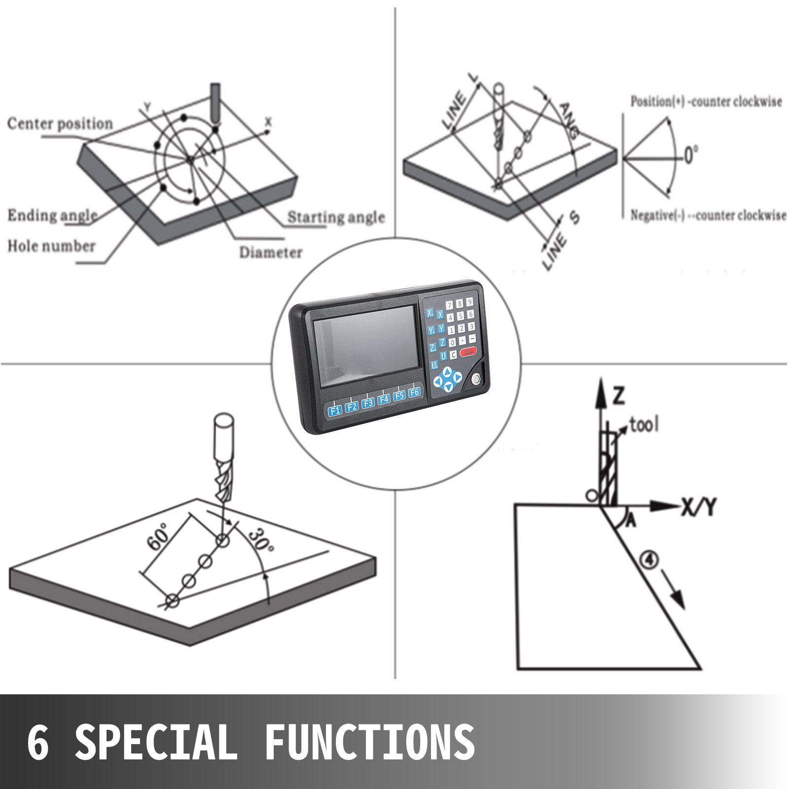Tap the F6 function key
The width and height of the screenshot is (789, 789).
[x=414, y=392]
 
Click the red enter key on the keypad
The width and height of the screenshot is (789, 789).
[x=468, y=352]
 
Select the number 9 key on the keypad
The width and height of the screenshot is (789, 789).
[x=469, y=302]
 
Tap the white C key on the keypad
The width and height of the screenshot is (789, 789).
[x=453, y=354]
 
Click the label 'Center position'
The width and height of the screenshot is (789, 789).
[x=60, y=123]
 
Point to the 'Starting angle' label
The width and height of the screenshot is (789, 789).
[x=336, y=217]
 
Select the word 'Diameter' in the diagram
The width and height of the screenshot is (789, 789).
[x=271, y=252]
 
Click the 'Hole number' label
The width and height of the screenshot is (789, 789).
[x=51, y=246]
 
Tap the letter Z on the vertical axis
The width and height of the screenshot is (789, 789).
[x=620, y=396]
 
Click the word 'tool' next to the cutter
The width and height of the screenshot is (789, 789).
[x=644, y=425]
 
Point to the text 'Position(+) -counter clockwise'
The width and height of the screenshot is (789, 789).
[x=706, y=102]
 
